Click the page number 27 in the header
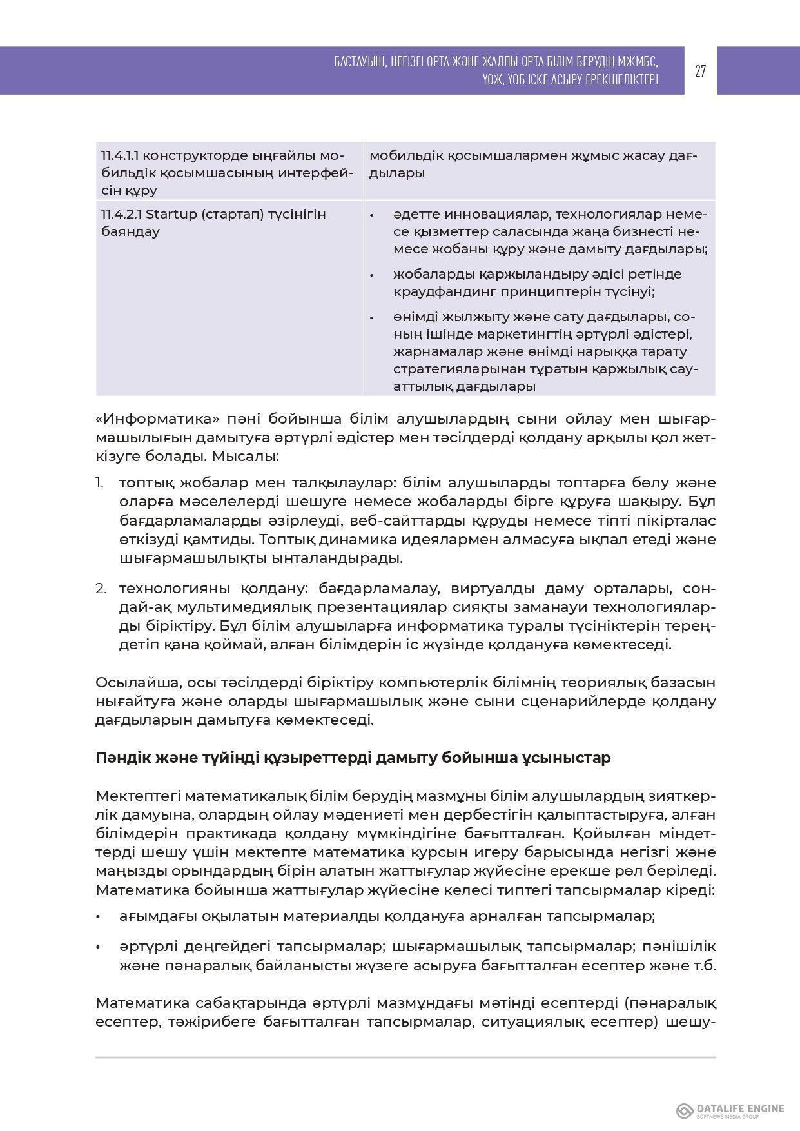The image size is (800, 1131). coord(700,71)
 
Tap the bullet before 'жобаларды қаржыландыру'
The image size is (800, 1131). coord(372,276)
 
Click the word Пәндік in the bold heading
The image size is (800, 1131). coord(122,758)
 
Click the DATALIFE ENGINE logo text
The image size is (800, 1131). coord(740,1109)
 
